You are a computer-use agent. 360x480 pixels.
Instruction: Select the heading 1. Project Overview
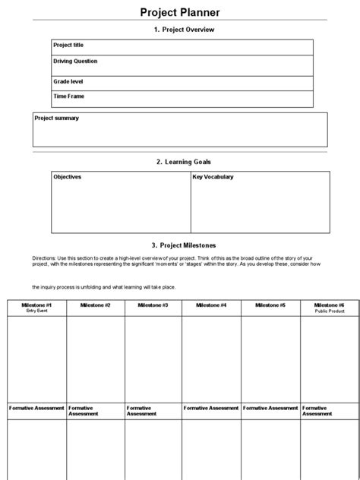click(x=184, y=30)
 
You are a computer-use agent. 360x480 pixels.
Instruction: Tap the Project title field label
click(x=68, y=46)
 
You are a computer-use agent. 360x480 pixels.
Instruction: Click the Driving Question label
click(x=75, y=61)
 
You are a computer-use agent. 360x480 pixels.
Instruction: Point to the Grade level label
click(x=68, y=81)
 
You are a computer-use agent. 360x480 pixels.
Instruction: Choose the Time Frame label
click(x=68, y=96)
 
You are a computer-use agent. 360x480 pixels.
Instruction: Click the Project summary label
click(x=56, y=118)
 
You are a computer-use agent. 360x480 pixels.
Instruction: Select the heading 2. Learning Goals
click(x=184, y=162)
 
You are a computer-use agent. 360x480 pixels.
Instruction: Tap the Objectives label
click(x=67, y=177)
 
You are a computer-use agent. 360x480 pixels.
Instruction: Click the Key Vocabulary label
click(x=213, y=177)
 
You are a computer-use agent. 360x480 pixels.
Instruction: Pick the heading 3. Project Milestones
click(x=184, y=245)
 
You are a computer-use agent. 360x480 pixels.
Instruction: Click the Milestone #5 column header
click(x=270, y=305)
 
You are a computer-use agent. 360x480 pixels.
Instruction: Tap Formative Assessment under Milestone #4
click(x=212, y=408)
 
